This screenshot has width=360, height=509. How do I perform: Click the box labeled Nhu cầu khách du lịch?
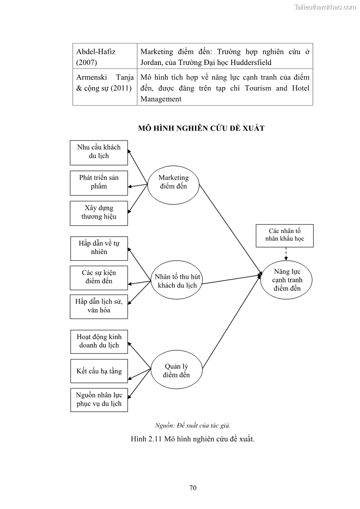[99, 152]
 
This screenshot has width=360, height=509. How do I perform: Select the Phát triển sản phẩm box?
[99, 182]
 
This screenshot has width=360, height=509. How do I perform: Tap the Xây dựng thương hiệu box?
[99, 213]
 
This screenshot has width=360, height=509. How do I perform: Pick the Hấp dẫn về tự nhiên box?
[99, 247]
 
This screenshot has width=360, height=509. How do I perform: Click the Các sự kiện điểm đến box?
[99, 277]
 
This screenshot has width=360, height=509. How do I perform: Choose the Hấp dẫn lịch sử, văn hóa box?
[99, 306]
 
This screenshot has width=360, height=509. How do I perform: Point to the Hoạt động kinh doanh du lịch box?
[99, 341]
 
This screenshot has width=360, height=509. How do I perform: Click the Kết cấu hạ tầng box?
[99, 371]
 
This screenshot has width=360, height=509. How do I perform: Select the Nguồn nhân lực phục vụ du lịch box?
[99, 399]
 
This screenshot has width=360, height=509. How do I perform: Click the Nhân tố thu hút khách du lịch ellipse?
[177, 281]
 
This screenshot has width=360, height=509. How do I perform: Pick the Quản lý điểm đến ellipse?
[176, 371]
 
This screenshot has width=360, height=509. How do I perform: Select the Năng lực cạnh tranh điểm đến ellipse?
[287, 280]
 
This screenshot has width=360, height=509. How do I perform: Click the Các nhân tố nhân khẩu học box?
[285, 235]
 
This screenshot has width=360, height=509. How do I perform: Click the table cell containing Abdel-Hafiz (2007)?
[105, 57]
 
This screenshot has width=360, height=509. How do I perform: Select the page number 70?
[193, 488]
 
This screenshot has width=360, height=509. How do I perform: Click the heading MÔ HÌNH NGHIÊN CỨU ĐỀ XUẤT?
[201, 128]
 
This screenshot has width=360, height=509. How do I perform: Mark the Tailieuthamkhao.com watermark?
[325, 7]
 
